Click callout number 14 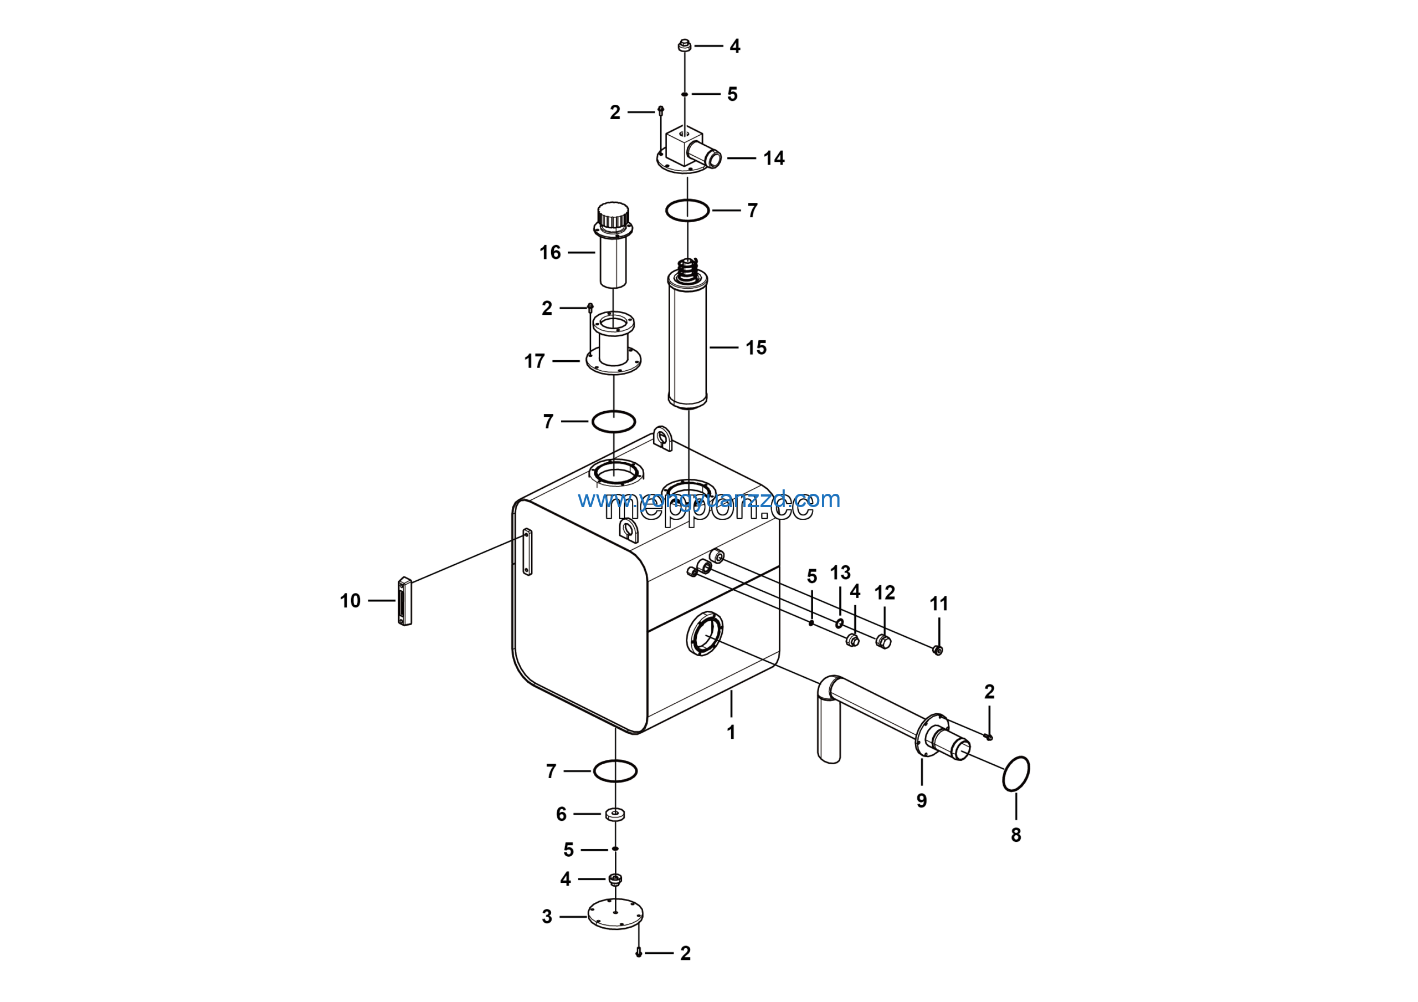(773, 158)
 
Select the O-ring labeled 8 (1015, 774)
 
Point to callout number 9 (922, 801)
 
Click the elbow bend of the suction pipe (829, 687)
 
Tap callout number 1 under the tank (731, 733)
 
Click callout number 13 (840, 572)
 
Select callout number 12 (885, 593)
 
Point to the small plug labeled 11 (938, 650)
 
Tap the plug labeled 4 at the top (684, 45)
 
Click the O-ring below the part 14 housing (687, 211)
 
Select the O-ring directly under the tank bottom (615, 771)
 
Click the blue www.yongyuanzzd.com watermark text (709, 499)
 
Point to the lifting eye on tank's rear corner (662, 437)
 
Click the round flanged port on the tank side (705, 634)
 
